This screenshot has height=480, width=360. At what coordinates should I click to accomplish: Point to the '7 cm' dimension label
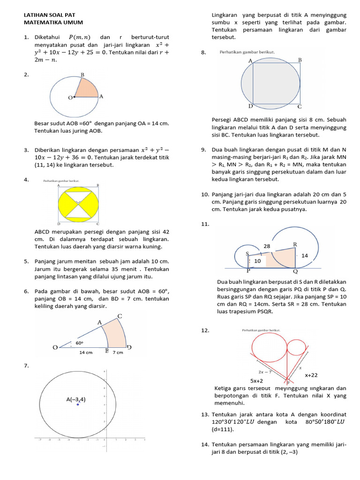click(x=117, y=352)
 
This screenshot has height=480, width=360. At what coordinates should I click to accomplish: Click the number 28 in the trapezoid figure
click(x=267, y=246)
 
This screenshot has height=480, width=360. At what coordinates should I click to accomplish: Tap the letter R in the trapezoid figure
click(x=295, y=244)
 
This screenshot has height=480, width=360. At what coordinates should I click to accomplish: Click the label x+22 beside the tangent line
click(x=311, y=375)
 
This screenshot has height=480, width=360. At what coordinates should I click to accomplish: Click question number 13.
click(x=204, y=414)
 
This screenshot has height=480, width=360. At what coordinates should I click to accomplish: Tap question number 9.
click(x=203, y=150)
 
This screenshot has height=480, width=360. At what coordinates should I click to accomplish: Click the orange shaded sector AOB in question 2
click(x=86, y=89)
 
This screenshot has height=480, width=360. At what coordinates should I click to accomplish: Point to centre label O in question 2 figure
click(x=70, y=97)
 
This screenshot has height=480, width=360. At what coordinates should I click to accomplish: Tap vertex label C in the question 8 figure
click(x=300, y=106)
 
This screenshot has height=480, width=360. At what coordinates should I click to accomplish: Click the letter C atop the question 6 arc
click(x=120, y=316)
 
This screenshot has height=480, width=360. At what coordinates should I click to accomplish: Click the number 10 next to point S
click(x=257, y=261)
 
